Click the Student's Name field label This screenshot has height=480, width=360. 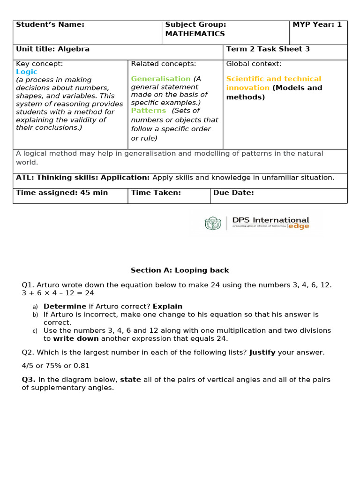pos(50,24)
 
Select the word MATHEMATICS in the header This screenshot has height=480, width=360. pos(195,34)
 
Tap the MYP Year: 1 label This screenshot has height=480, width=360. pos(317,24)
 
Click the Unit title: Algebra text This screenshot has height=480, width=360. pos(52,49)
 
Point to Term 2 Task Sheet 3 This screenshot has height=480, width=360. pos(268,49)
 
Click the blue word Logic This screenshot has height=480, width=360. pos(27,72)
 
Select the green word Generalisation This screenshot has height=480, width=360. pos(161,79)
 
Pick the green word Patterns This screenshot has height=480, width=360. pos(149,111)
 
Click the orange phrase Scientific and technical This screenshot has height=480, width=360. pos(273,79)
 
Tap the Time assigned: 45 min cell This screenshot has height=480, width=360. pos(62,193)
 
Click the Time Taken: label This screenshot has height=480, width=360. pos(156,193)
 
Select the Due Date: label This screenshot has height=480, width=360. pos(233,193)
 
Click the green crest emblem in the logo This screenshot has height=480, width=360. pos(212,223)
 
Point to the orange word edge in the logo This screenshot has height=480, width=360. pos(299,226)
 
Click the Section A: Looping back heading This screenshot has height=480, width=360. pos(180,270)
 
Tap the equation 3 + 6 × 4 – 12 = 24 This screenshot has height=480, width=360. pos(58,293)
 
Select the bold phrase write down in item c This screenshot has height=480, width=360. pos(76,338)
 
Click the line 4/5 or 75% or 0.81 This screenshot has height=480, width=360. pos(56,366)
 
